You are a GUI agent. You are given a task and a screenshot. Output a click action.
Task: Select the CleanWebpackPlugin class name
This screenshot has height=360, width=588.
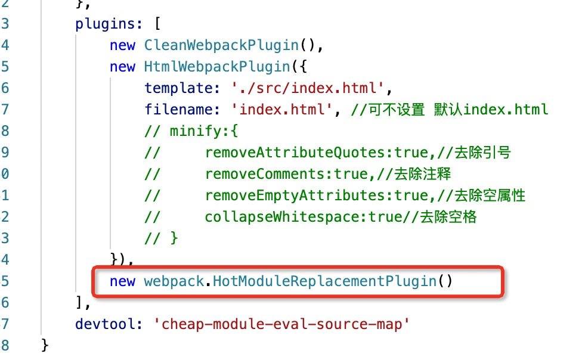[221, 46]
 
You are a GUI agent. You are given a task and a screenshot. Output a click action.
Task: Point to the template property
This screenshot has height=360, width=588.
[177, 88]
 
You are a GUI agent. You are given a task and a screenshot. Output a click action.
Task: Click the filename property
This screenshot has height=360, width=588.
[177, 110]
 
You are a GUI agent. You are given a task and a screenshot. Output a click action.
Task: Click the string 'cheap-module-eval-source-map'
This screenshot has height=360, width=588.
[282, 324]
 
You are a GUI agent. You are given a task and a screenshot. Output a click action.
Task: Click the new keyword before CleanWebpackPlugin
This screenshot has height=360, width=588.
[122, 46]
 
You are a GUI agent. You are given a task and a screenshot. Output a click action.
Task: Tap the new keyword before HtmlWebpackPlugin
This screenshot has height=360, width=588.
[122, 67]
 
